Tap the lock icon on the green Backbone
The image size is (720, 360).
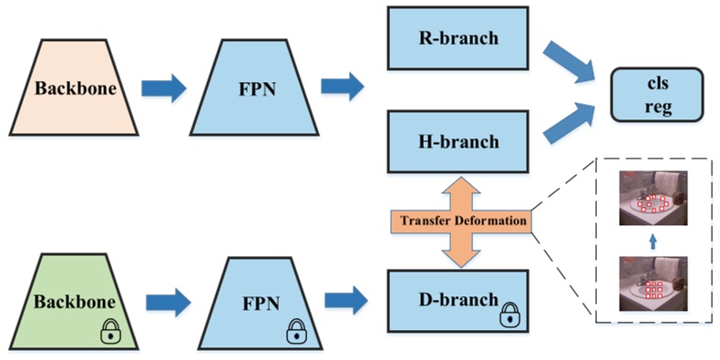(111, 334)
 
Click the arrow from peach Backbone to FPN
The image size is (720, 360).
(165, 88)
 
